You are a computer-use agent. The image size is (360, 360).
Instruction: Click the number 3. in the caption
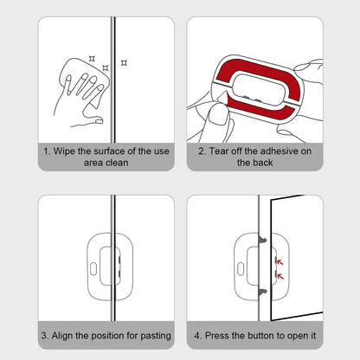coord(44,334)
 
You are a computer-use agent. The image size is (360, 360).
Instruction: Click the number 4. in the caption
coord(198,334)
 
